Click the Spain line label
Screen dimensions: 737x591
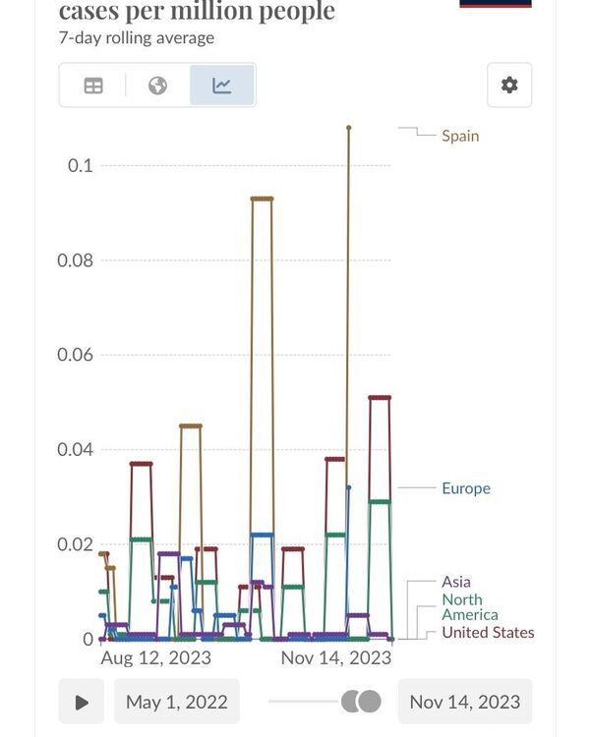pos(460,136)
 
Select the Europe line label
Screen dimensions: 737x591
pos(465,488)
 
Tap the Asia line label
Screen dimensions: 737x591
pos(456,582)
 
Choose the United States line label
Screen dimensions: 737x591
pos(488,633)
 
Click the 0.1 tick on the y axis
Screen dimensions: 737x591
pos(80,165)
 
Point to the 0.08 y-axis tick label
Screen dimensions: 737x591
pos(75,260)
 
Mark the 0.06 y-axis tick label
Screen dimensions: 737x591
pos(75,355)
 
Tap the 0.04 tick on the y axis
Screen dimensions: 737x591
pos(75,450)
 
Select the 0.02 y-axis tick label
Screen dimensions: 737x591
pos(75,544)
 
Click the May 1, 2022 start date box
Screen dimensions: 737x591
pos(177,702)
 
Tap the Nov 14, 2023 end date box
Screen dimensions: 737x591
pos(464,702)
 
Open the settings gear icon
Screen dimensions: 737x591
pos(509,85)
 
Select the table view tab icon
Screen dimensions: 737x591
pos(93,85)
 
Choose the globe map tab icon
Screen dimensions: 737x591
pos(157,85)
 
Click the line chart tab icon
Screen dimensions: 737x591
pos(222,85)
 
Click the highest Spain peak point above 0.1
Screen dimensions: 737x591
pos(348,127)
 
